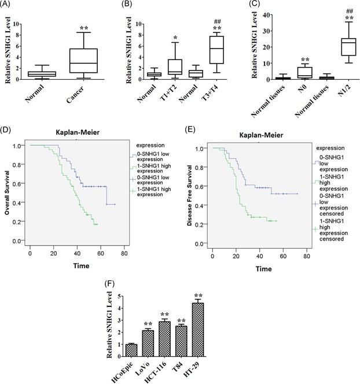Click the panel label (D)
click(8, 125)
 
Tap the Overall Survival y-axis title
click(8, 192)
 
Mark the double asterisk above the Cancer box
click(83, 28)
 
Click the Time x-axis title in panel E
click(263, 269)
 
